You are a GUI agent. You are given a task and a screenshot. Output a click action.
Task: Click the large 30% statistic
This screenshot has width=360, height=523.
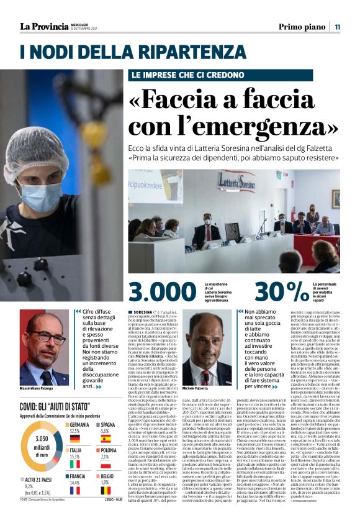(x=281, y=291)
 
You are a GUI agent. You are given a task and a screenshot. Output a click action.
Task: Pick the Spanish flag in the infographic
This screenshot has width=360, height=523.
(x=105, y=439)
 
